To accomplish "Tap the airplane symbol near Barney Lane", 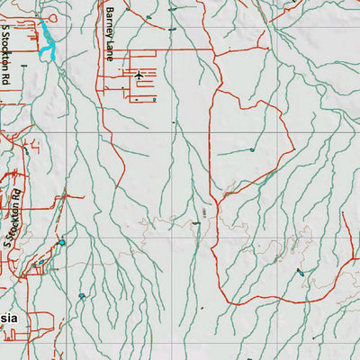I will [x=138, y=75].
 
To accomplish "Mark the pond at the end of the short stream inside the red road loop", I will [x=253, y=148].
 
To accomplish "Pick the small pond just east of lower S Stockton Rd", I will [x=62, y=242].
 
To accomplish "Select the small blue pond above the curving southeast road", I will [x=300, y=272].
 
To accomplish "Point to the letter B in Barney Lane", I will [x=110, y=11].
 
